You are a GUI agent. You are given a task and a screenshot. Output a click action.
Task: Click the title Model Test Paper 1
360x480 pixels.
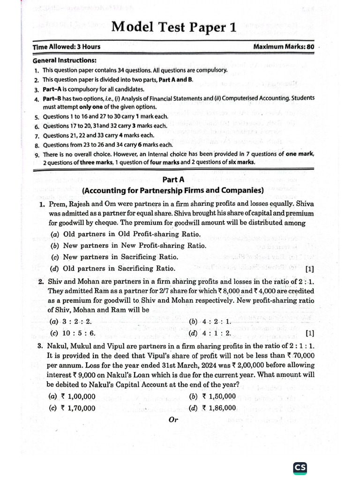click(x=173, y=28)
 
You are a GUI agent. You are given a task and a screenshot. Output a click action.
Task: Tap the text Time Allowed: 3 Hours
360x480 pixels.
click(x=66, y=47)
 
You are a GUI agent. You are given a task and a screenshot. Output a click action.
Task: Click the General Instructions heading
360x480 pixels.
click(x=65, y=60)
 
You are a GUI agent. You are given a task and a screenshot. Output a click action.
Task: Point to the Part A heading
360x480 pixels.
click(x=172, y=180)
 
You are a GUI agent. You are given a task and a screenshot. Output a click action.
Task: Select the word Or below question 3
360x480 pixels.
click(x=173, y=420)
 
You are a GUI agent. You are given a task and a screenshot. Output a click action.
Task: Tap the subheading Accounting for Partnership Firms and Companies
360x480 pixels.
click(x=172, y=190)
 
